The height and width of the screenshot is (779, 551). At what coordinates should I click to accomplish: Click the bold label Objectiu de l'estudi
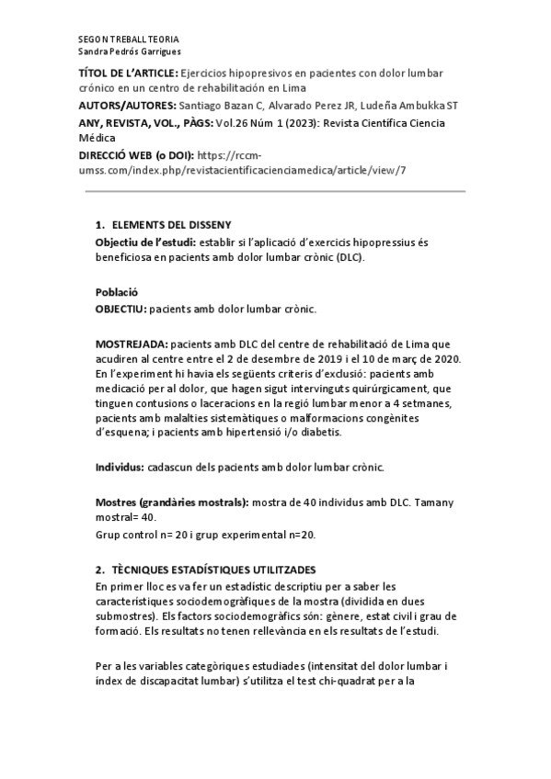coord(146,242)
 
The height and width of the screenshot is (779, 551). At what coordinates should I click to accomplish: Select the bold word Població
coord(117,291)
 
